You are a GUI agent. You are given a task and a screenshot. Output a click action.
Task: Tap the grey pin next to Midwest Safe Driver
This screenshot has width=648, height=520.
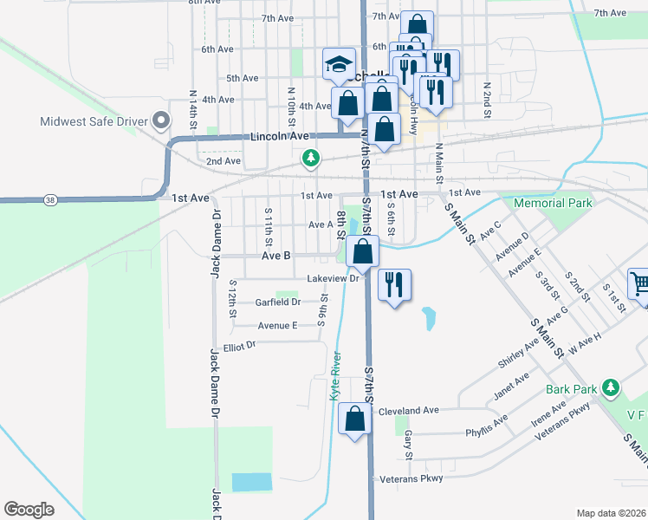coord(159,120)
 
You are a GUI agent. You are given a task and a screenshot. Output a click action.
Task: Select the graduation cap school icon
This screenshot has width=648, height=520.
coord(339,63)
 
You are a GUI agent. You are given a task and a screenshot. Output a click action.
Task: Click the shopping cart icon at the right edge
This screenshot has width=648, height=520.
coord(639,283)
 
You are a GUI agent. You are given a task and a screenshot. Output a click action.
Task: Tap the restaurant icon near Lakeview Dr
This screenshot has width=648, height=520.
coord(394,283)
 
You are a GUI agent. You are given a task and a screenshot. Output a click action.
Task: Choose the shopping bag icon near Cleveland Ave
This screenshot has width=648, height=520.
coord(355,419)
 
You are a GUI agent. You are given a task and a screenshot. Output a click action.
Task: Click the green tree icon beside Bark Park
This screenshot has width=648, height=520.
coord(612,386)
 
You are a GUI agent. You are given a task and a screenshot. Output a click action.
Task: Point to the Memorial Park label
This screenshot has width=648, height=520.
coord(553,203)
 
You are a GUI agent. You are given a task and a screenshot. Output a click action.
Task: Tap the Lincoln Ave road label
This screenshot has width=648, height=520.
coord(279,136)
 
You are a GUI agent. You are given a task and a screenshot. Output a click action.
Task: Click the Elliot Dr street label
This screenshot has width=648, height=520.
coord(240,346)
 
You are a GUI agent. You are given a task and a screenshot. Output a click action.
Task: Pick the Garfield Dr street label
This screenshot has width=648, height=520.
coord(277,302)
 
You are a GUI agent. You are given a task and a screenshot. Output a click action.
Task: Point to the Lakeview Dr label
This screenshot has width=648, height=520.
coord(333,279)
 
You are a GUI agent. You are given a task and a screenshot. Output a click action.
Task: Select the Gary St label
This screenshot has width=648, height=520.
coord(408,445)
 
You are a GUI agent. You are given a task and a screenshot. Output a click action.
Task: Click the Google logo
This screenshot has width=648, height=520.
coord(29,510)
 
